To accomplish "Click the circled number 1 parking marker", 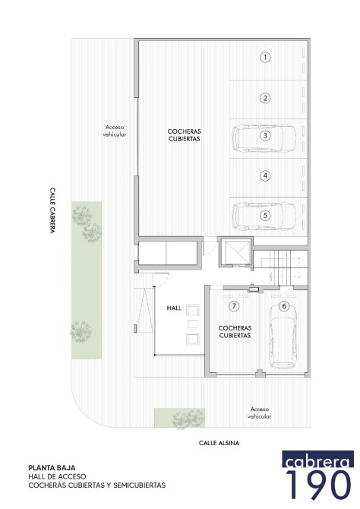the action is (265, 58).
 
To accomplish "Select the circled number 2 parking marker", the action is (265, 98).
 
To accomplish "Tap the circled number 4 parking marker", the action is (265, 176).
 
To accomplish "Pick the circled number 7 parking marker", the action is (234, 306).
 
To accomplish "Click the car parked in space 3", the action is (264, 138).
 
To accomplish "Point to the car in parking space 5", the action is (264, 217).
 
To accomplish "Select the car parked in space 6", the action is (283, 336).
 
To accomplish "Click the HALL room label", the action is (174, 308).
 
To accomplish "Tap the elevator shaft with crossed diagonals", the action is (235, 252).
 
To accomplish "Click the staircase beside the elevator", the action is (285, 267).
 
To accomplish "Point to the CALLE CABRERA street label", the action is (52, 210).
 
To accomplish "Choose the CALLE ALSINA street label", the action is (219, 443).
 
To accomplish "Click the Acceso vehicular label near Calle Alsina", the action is (260, 413).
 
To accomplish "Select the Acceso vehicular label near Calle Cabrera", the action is (115, 131).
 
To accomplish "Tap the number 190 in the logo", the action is (318, 485).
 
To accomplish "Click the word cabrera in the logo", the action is (317, 459).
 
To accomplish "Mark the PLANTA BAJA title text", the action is (52, 468).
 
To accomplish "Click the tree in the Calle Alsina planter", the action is (188, 419).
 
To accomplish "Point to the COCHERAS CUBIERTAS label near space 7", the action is (235, 332).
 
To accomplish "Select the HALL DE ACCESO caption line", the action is (57, 476).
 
